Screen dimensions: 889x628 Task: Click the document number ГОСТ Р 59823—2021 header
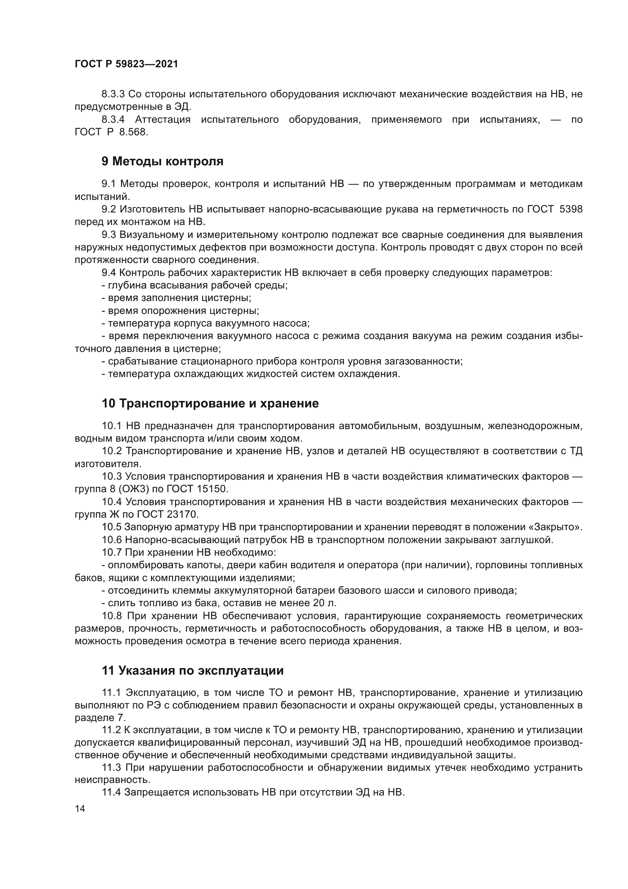click(126, 64)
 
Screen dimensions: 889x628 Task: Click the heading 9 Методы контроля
click(163, 162)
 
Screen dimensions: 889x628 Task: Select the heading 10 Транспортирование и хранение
click(210, 404)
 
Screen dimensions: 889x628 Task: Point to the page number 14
click(80, 809)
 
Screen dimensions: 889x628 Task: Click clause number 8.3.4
click(113, 120)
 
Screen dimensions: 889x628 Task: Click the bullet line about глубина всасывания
click(194, 285)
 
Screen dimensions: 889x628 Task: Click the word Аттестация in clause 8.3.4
click(163, 120)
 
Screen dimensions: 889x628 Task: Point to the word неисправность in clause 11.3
click(112, 780)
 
